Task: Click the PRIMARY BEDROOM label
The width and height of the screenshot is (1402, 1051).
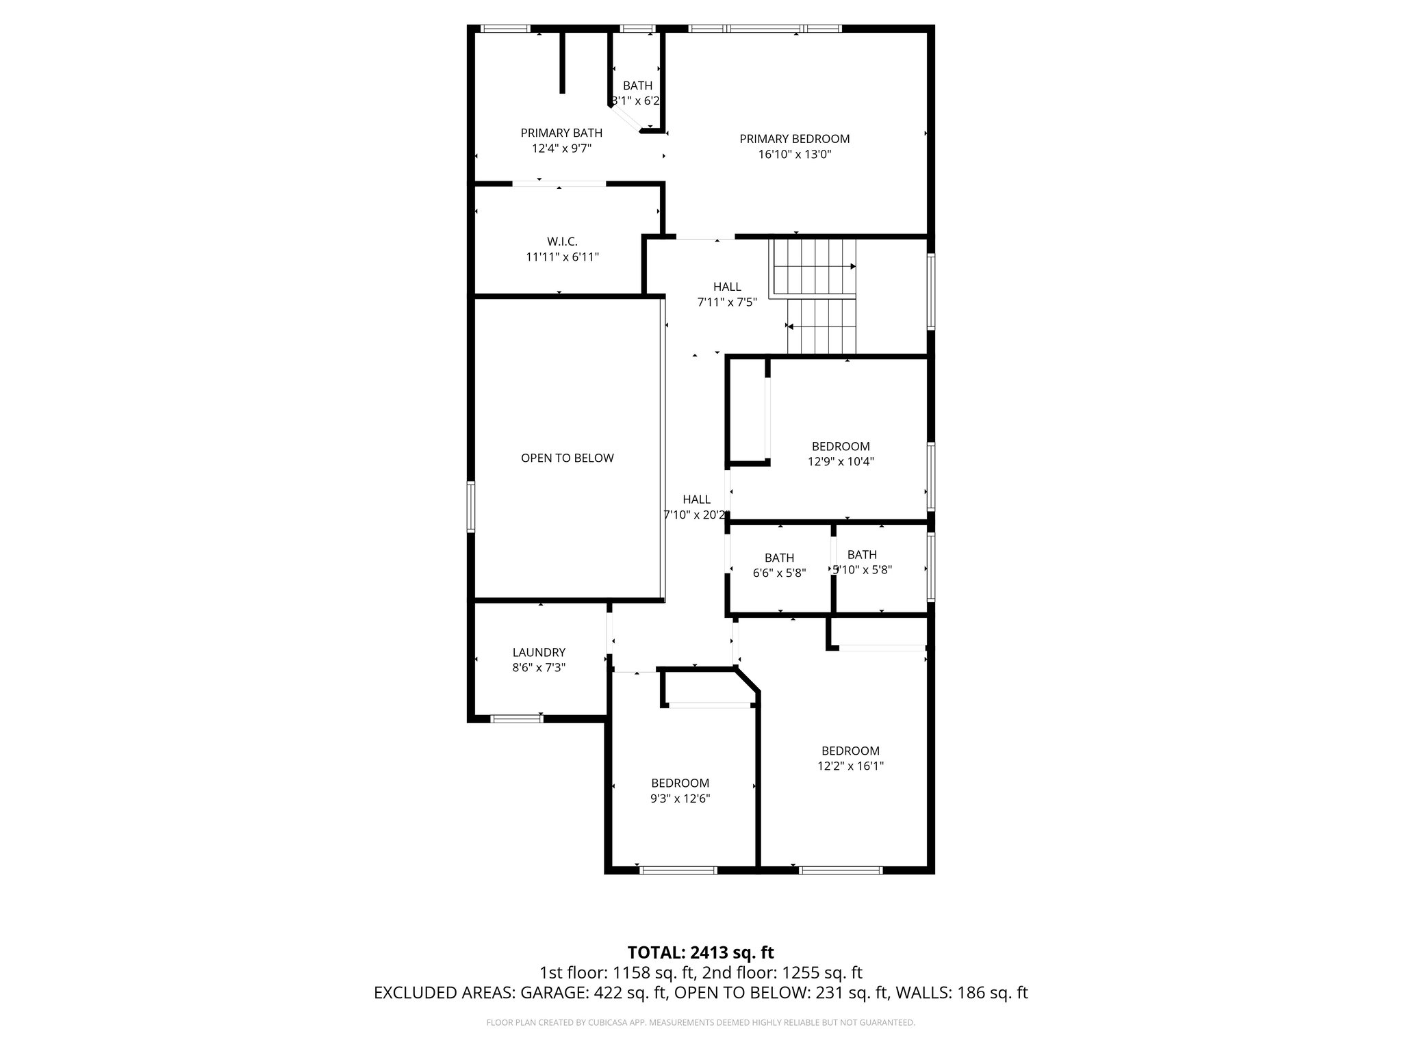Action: pyautogui.click(x=794, y=139)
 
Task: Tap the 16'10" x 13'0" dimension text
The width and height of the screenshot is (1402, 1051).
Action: pyautogui.click(x=794, y=155)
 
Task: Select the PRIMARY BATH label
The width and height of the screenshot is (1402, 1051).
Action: pyautogui.click(x=561, y=133)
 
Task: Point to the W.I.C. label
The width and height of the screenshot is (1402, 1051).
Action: pyautogui.click(x=562, y=242)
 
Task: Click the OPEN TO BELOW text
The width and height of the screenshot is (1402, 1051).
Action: pyautogui.click(x=567, y=458)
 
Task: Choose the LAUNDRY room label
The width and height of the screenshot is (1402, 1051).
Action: pyautogui.click(x=539, y=652)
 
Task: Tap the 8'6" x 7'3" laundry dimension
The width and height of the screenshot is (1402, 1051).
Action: pyautogui.click(x=539, y=667)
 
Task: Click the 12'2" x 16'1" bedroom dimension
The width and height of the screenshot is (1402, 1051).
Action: pyautogui.click(x=850, y=766)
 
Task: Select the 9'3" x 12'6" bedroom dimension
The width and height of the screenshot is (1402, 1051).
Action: pyautogui.click(x=680, y=799)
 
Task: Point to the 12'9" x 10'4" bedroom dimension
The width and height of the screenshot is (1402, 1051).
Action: pyautogui.click(x=841, y=461)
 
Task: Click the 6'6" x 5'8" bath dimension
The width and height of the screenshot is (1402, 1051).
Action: pyautogui.click(x=779, y=573)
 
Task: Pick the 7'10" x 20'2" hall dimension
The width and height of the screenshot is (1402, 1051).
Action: pyautogui.click(x=696, y=515)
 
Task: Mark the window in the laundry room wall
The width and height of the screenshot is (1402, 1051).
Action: pyautogui.click(x=517, y=718)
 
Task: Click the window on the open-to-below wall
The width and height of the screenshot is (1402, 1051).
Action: pyautogui.click(x=471, y=506)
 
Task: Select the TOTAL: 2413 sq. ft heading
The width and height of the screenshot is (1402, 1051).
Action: pyautogui.click(x=700, y=952)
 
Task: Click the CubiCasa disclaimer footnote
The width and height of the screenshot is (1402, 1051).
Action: pyautogui.click(x=700, y=1023)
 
